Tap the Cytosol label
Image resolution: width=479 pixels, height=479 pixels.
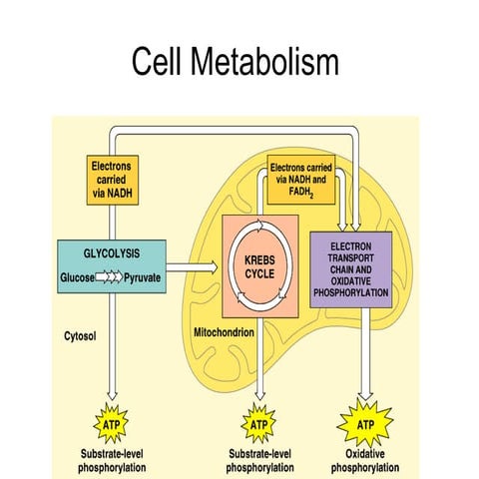[x=79, y=337]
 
